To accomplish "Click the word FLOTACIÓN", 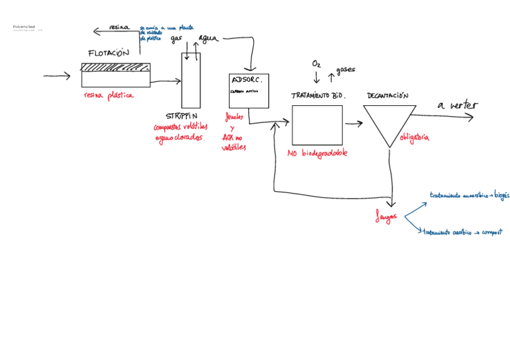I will (108, 53).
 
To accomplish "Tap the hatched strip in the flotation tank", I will (115, 67).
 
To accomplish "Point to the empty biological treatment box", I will (317, 125).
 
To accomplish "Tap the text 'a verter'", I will (457, 105).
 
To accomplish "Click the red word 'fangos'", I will (386, 218).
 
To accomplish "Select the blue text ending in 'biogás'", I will (469, 195).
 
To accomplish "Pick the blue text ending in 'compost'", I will (462, 231).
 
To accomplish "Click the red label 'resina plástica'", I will (109, 95).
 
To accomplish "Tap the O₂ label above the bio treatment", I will (316, 64).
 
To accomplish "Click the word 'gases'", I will (345, 70).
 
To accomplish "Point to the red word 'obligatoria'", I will (414, 138).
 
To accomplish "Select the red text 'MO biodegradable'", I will (318, 153).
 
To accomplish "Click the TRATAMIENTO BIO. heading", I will (318, 96).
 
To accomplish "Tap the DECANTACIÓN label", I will (387, 96).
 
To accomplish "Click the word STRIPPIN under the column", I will (182, 115).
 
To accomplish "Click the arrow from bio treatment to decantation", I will (354, 123).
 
